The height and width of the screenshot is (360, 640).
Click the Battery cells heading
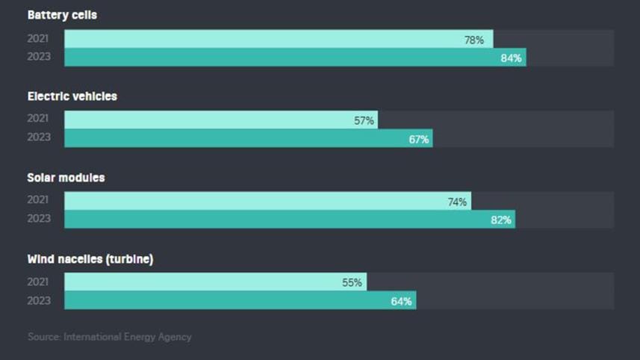click(62, 15)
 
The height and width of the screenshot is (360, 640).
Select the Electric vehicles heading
click(72, 96)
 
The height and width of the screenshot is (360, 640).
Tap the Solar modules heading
click(66, 178)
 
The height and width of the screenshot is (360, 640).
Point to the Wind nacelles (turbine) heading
click(90, 259)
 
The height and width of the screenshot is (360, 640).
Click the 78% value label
click(474, 40)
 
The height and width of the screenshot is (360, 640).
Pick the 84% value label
click(511, 58)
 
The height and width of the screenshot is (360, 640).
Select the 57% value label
click(364, 121)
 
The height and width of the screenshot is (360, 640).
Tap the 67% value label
click(418, 139)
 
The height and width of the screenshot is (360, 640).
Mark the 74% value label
click(457, 202)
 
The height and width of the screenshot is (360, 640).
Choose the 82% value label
click(501, 220)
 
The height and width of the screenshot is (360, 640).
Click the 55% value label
click(352, 282)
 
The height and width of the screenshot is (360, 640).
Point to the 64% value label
click(402, 301)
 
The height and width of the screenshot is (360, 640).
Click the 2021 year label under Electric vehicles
click(39, 119)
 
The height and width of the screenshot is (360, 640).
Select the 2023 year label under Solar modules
click(39, 219)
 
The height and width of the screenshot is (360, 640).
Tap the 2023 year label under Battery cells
click(39, 57)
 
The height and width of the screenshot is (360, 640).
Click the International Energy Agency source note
click(109, 337)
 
